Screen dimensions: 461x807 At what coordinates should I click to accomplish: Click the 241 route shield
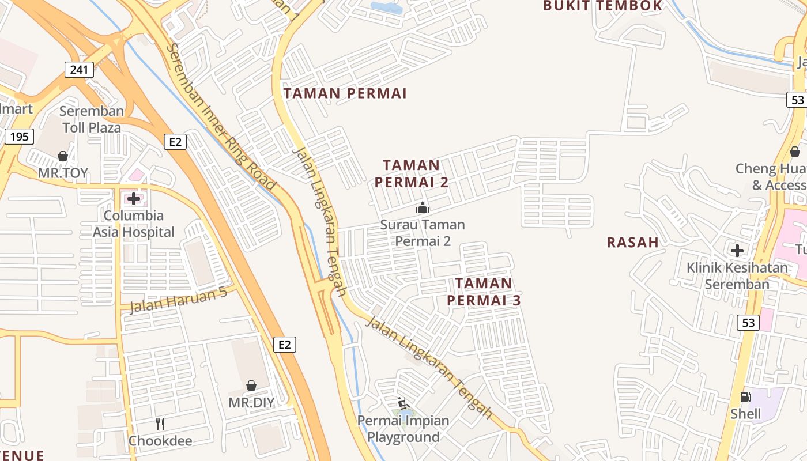(x=79, y=70)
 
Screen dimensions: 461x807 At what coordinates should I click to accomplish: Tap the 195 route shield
(x=20, y=137)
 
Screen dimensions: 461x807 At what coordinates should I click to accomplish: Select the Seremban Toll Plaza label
(x=92, y=119)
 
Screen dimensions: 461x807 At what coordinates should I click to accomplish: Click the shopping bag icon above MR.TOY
(x=63, y=156)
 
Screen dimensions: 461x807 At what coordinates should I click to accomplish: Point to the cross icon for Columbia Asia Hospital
(x=134, y=199)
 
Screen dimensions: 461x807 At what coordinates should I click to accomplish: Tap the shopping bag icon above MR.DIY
(x=251, y=385)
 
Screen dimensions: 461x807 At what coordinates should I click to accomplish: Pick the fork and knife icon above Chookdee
(x=160, y=424)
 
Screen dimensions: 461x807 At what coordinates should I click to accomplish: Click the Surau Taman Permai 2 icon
(x=423, y=207)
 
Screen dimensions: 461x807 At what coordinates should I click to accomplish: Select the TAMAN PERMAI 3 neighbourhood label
(x=484, y=292)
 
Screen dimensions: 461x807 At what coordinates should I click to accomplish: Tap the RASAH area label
(x=632, y=243)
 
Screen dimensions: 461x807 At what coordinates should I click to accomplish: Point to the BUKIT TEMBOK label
(x=603, y=6)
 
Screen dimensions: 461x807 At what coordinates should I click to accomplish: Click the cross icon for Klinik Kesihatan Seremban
(x=737, y=251)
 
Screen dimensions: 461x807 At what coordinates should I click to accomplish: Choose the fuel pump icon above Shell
(x=745, y=396)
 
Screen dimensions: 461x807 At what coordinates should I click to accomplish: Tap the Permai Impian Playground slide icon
(x=403, y=403)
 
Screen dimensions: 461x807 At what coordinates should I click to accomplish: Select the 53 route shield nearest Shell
(x=748, y=322)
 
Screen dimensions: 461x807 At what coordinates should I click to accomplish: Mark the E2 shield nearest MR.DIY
(x=284, y=345)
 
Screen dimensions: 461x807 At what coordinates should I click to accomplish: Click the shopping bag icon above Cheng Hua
(x=795, y=152)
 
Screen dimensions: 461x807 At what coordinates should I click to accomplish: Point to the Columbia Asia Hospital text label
(x=134, y=224)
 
